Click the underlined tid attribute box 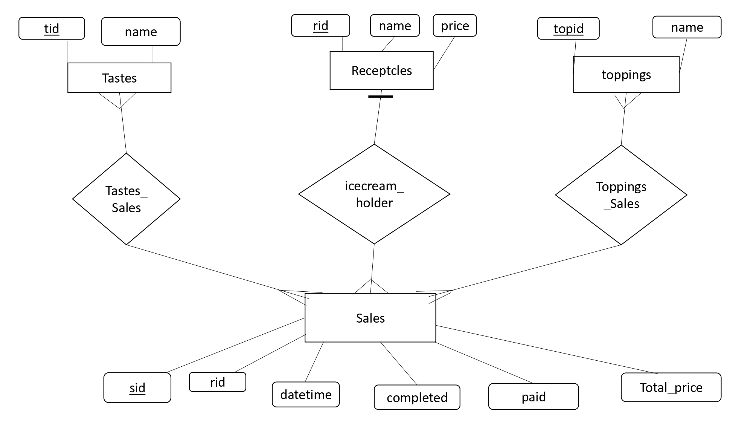click(x=52, y=28)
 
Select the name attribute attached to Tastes click(x=140, y=32)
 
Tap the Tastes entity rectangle click(x=119, y=78)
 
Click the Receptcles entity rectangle click(x=381, y=70)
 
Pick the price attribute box click(x=454, y=26)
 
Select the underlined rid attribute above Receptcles click(x=320, y=26)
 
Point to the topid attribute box click(x=568, y=28)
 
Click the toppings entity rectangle click(x=626, y=75)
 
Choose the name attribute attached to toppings click(x=687, y=27)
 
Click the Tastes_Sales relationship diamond click(x=126, y=199)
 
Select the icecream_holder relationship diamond click(x=374, y=194)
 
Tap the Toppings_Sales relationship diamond click(x=621, y=195)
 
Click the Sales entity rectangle click(x=370, y=318)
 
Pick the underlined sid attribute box click(x=137, y=388)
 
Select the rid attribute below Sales click(x=217, y=382)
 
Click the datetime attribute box click(x=306, y=395)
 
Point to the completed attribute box click(x=417, y=397)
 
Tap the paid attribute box click(x=533, y=396)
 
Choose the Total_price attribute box click(x=671, y=387)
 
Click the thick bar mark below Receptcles click(x=380, y=96)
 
